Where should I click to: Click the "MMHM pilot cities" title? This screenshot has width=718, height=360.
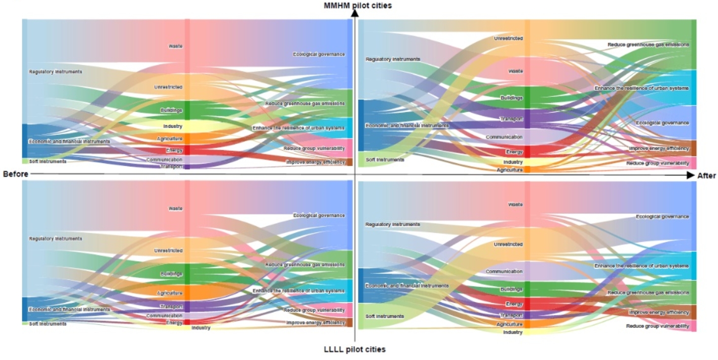(358, 6)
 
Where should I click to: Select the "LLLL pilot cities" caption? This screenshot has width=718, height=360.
(355, 349)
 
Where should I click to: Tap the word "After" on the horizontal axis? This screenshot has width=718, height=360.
(706, 175)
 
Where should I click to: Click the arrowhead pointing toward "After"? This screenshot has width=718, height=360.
(690, 175)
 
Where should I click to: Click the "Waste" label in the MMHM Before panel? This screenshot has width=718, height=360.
(175, 46)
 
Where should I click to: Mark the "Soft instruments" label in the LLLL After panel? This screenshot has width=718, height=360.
(385, 316)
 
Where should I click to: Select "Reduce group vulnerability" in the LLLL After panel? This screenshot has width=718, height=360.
(657, 326)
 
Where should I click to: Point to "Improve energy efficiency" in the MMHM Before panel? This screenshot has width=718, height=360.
(315, 162)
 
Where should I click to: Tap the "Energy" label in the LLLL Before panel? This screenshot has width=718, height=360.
(174, 322)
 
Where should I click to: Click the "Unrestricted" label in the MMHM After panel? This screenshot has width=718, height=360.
(508, 38)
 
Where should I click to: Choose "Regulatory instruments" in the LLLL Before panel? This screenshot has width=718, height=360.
(56, 238)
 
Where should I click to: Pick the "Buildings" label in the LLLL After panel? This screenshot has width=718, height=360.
(512, 290)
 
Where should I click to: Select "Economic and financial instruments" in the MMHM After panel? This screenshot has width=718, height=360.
(407, 125)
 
